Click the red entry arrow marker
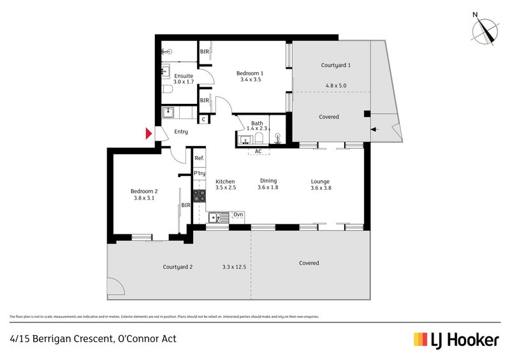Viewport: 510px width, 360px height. pyautogui.click(x=149, y=133)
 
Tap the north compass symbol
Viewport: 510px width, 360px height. pyautogui.click(x=485, y=31)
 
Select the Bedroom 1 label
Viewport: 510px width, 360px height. pyautogui.click(x=251, y=73)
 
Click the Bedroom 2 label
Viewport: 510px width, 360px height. pyautogui.click(x=144, y=191)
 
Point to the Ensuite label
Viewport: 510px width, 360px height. pyautogui.click(x=184, y=75)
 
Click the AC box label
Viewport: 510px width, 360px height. pyautogui.click(x=258, y=152)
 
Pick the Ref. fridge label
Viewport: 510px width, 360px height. pyautogui.click(x=200, y=158)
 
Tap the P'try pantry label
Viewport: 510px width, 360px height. pyautogui.click(x=200, y=173)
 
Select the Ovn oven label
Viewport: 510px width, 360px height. pyautogui.click(x=238, y=215)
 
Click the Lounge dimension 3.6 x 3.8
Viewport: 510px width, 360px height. pyautogui.click(x=321, y=188)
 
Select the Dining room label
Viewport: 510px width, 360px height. pyautogui.click(x=268, y=181)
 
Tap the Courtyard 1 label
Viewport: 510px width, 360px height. pyautogui.click(x=335, y=65)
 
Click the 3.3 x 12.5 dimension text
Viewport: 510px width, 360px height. pyautogui.click(x=235, y=267)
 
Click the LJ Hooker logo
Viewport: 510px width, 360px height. pyautogui.click(x=456, y=340)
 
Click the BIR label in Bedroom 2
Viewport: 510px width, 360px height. pyautogui.click(x=186, y=205)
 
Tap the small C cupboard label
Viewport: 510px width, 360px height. pyautogui.click(x=203, y=119)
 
